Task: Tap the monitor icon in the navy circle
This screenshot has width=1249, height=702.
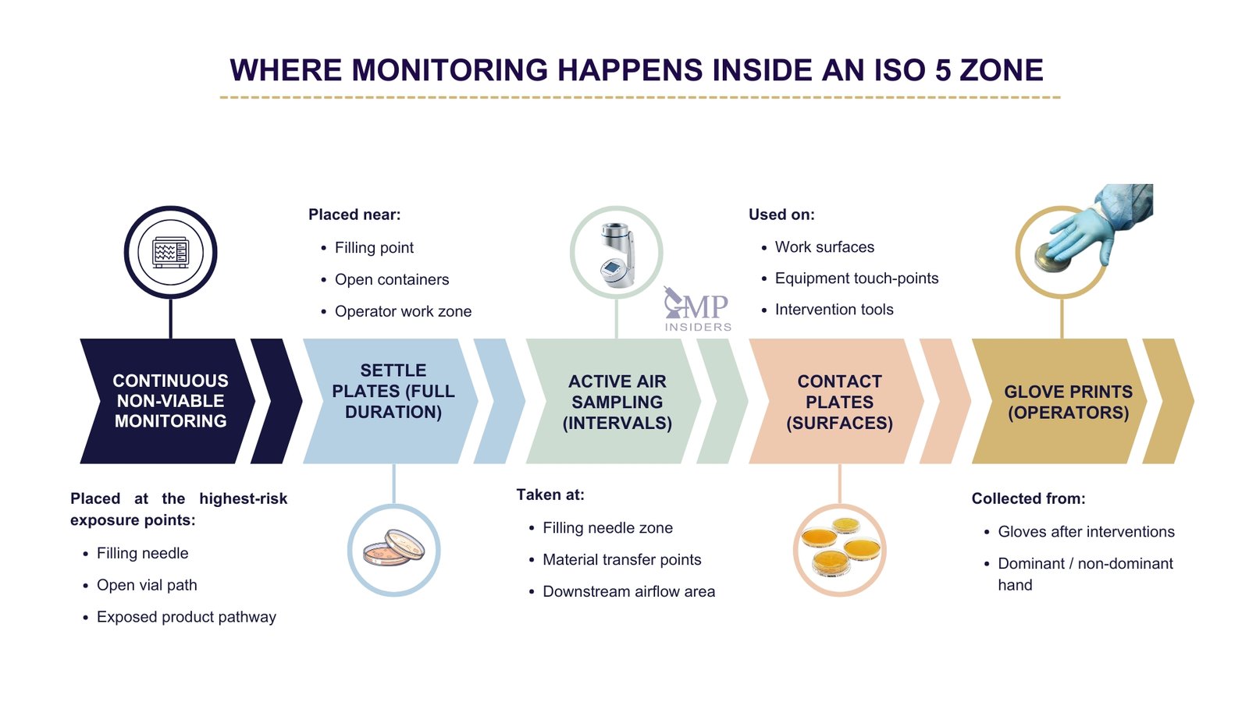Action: (x=170, y=253)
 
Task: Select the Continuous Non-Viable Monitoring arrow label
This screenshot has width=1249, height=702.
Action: (x=170, y=401)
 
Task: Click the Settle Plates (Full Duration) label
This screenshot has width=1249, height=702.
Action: (x=393, y=392)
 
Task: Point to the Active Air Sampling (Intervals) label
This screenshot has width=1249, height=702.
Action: (x=617, y=402)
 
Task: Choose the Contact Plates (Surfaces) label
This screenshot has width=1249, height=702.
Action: (x=839, y=402)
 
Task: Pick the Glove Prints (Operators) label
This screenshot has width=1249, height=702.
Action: (x=1067, y=402)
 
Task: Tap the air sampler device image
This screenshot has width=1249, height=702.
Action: (x=617, y=254)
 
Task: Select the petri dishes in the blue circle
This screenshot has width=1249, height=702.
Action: (x=393, y=548)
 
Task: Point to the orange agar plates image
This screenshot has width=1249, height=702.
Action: (x=840, y=546)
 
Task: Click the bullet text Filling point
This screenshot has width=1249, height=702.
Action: (x=374, y=248)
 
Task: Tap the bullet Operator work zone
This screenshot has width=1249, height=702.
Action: (x=403, y=311)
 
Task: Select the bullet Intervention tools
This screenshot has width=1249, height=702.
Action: (x=834, y=310)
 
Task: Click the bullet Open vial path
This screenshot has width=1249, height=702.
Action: (x=147, y=585)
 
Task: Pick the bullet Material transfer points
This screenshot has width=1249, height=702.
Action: (x=621, y=560)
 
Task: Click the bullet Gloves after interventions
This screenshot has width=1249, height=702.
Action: (x=1086, y=532)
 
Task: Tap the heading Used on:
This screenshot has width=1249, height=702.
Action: (x=781, y=214)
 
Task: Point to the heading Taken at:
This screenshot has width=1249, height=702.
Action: (x=550, y=495)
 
